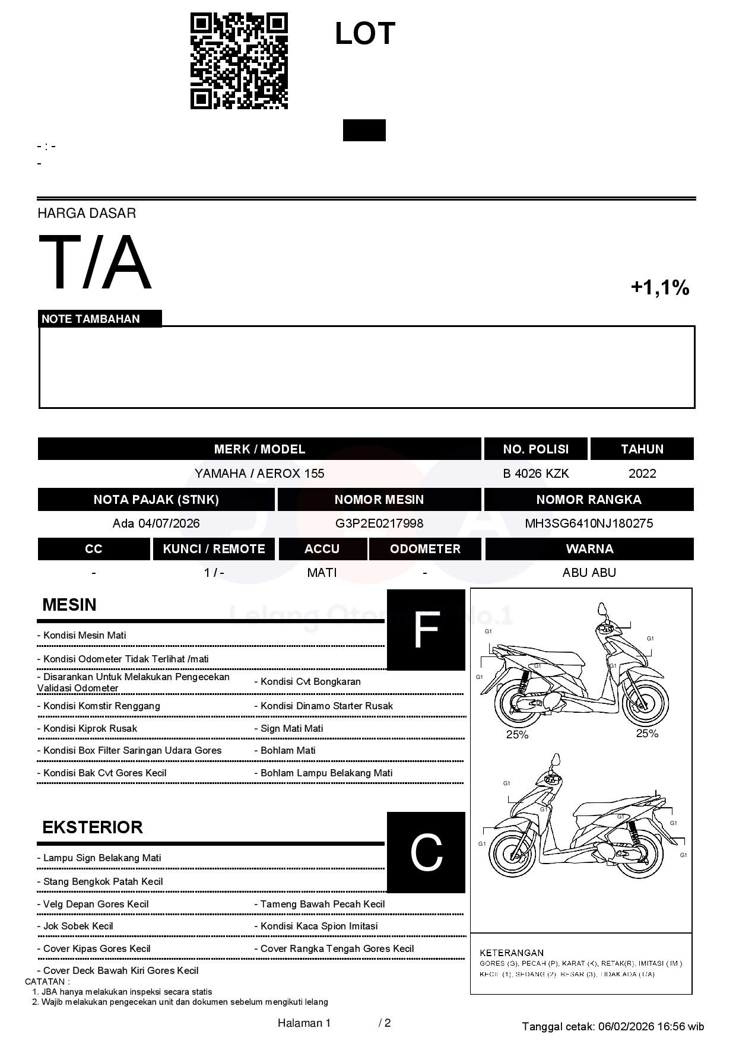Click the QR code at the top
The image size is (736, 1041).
pyautogui.click(x=239, y=61)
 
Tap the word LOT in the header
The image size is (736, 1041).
pyautogui.click(x=364, y=34)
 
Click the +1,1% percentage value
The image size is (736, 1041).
pyautogui.click(x=659, y=288)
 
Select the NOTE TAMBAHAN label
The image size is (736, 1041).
pyautogui.click(x=91, y=319)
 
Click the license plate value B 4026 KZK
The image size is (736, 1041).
pyautogui.click(x=535, y=474)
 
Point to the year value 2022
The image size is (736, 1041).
pyautogui.click(x=642, y=474)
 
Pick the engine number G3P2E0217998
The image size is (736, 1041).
pyautogui.click(x=379, y=523)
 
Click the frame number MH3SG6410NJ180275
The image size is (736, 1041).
pyautogui.click(x=589, y=523)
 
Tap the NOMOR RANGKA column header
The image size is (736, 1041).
pyautogui.click(x=589, y=500)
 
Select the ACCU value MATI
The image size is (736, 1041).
pyautogui.click(x=322, y=573)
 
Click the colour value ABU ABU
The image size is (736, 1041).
pyautogui.click(x=589, y=573)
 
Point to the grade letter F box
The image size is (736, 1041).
pyautogui.click(x=426, y=630)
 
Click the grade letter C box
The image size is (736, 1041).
pyautogui.click(x=426, y=853)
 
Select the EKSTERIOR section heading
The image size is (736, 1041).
pyautogui.click(x=93, y=827)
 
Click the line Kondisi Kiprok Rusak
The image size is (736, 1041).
pyautogui.click(x=90, y=729)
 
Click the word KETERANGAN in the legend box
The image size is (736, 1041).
pyautogui.click(x=512, y=953)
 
